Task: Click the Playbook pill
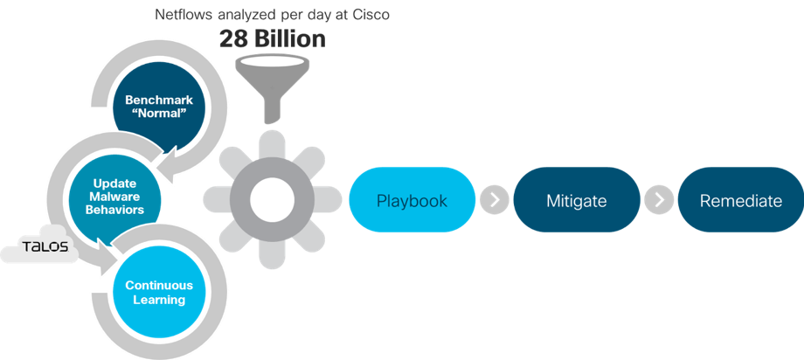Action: point(412,200)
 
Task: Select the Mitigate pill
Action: point(576,200)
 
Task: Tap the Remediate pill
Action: point(741,200)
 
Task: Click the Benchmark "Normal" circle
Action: point(159,106)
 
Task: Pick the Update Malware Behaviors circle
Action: point(114,197)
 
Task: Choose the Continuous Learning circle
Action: point(159,293)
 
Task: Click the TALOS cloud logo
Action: point(40,246)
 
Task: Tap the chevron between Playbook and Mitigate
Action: point(495,200)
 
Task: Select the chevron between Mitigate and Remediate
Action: point(659,200)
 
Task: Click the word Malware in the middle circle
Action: point(114,197)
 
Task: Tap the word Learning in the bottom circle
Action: point(159,300)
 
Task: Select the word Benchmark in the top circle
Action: point(159,100)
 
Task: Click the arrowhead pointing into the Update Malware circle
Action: point(167,157)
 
